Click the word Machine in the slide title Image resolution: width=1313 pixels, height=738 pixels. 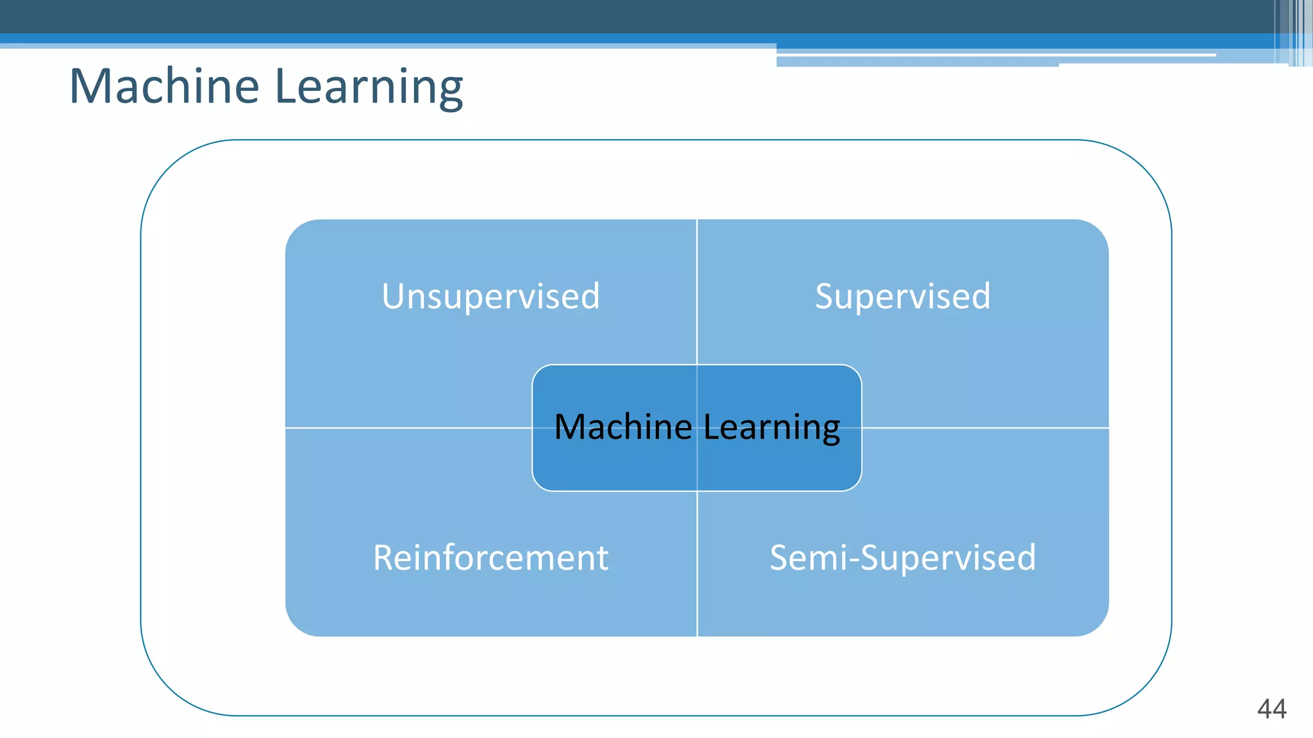(164, 86)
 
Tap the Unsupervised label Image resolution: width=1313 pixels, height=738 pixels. (490, 297)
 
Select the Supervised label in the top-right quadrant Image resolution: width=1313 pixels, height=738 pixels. (903, 297)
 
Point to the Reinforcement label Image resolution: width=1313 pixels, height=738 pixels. (490, 557)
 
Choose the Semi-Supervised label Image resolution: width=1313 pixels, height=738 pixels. (903, 557)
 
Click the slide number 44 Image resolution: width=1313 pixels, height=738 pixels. (1272, 709)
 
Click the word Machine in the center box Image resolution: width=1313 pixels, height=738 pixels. (623, 427)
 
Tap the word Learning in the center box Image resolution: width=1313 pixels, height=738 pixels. (772, 427)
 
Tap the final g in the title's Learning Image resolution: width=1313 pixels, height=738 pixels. (451, 91)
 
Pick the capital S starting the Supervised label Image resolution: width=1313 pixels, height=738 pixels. (825, 297)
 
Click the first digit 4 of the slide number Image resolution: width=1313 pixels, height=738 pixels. (1264, 709)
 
